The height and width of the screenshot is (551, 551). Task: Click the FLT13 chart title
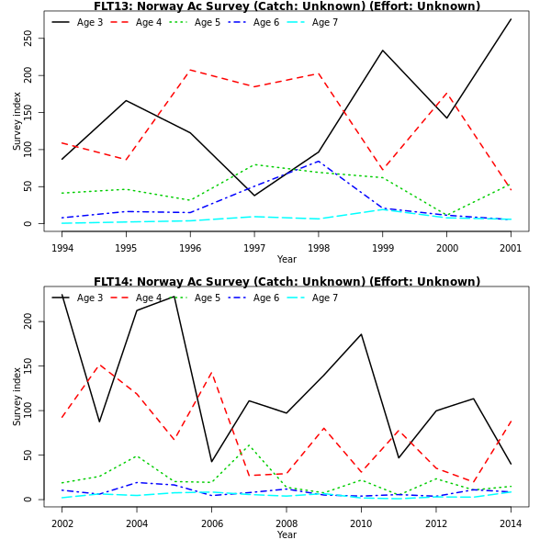pos(287,6)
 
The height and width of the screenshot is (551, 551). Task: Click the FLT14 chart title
pos(287,282)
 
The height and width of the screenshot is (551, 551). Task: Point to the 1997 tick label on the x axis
pos(254,248)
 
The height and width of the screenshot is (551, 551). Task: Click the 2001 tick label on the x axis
pos(511,248)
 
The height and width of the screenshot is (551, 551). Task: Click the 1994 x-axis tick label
pos(62,248)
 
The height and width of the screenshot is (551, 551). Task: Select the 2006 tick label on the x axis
pos(212,523)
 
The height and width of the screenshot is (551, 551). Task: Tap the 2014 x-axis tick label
pos(511,523)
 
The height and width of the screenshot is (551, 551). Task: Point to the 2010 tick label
pos(361,523)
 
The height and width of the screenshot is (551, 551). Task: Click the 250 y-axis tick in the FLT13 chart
pos(28,38)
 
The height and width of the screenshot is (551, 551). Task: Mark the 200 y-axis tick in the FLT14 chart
pos(28,321)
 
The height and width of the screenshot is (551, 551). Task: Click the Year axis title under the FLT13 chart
pos(287,259)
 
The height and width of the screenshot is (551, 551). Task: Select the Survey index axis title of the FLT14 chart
pos(17,396)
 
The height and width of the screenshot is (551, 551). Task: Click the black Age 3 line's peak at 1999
pos(383,51)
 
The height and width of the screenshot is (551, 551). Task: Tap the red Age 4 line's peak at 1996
pos(190,70)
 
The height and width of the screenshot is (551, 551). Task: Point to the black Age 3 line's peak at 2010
pos(361,334)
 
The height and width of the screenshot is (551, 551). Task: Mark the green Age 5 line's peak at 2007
pos(249,444)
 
